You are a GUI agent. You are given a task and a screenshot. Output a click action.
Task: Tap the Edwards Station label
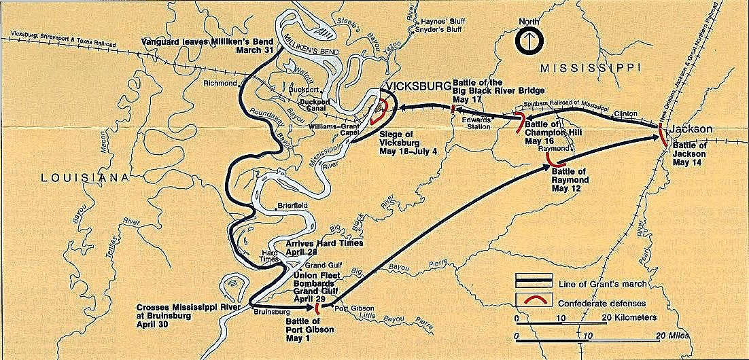(x=473, y=122)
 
